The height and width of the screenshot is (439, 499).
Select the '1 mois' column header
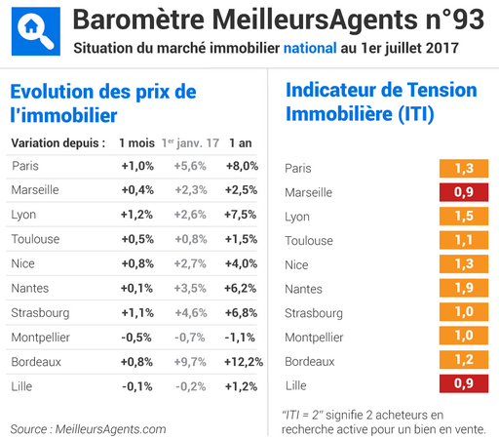[135, 142]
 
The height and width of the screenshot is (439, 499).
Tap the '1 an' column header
[241, 142]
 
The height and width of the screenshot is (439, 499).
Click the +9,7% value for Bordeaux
[190, 361]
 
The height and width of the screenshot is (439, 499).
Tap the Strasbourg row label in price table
[40, 312]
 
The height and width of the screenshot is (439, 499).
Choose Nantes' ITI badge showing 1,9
[464, 289]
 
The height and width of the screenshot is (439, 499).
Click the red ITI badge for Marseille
[464, 192]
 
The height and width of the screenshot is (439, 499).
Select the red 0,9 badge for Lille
[464, 385]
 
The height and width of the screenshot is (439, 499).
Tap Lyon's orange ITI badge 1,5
[464, 217]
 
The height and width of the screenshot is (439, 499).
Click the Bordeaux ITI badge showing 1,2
[464, 361]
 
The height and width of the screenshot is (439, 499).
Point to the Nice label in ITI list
[297, 265]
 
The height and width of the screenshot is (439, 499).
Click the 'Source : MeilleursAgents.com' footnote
[89, 429]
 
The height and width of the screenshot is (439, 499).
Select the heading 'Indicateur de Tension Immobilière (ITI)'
[380, 101]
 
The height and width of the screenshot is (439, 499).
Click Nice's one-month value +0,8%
[136, 263]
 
